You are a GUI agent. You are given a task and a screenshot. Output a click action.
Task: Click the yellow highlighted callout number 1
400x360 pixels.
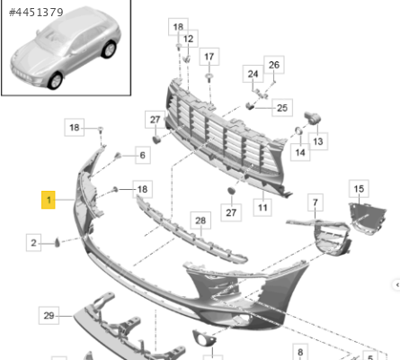[x=49, y=200]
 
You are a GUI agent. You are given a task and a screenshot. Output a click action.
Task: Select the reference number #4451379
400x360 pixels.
[x=36, y=13]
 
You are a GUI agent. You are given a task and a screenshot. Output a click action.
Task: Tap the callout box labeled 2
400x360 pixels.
[x=33, y=242]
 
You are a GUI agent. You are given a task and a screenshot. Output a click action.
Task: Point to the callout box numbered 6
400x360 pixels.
[x=143, y=155]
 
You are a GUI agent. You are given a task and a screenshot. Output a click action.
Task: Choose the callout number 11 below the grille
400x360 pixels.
[x=262, y=207]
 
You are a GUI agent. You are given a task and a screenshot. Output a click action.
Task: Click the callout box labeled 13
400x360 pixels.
[x=318, y=141]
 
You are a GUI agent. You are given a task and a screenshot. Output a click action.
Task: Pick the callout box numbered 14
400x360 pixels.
[x=300, y=152]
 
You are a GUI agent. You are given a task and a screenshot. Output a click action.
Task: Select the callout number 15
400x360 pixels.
[x=359, y=189]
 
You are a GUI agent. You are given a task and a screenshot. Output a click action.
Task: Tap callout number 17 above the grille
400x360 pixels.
[x=209, y=57]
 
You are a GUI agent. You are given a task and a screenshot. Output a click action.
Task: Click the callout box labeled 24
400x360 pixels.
[x=253, y=74]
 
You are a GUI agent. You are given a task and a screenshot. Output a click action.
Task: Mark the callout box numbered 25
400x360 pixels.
[x=282, y=108]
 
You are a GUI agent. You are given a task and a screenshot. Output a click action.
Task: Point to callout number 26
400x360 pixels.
[x=274, y=65]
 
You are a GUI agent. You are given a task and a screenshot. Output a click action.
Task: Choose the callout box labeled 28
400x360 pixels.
[x=200, y=220]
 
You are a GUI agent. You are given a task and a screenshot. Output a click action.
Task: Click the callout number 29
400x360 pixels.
[x=49, y=316]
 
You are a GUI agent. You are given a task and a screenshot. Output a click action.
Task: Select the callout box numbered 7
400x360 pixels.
[x=316, y=202]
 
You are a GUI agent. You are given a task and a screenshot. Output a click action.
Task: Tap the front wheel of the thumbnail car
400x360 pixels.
[x=56, y=80]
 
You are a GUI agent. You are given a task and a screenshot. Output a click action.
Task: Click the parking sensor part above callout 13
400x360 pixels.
[x=313, y=117]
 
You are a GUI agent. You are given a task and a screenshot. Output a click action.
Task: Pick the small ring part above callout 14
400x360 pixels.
[x=298, y=130]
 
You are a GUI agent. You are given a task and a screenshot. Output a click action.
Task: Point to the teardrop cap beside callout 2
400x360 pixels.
[x=58, y=242]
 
